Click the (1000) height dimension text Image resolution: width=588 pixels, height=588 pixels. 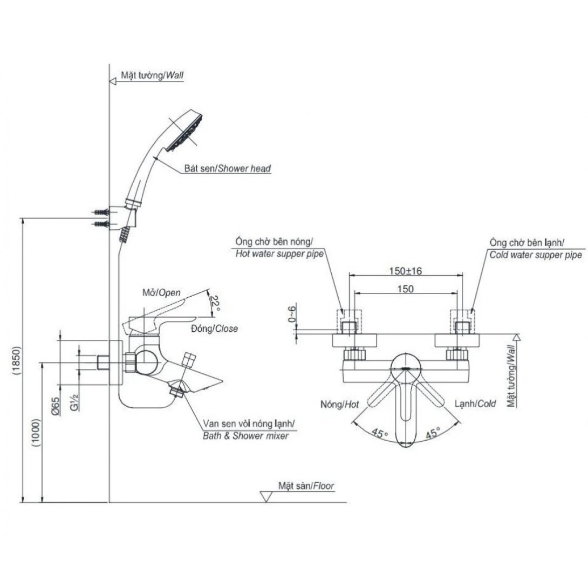[x=36, y=433]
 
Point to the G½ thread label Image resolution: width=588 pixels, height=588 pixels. [x=74, y=402]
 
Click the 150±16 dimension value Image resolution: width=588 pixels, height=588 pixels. [x=405, y=271]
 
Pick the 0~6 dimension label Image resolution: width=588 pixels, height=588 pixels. [x=292, y=314]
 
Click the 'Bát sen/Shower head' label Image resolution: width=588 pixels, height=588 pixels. [x=227, y=168]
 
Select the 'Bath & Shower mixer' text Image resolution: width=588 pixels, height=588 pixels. [x=245, y=436]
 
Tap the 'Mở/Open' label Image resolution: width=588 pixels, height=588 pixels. [x=161, y=292]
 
